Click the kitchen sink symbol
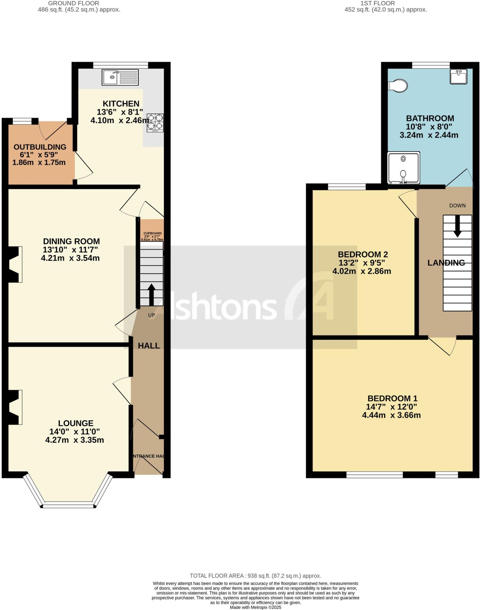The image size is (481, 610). click(x=120, y=77)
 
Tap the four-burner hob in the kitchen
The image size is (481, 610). click(x=155, y=123)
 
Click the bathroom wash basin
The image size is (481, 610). click(x=458, y=77)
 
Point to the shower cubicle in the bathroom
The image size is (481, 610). click(x=403, y=168)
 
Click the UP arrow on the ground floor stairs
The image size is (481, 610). click(x=151, y=294)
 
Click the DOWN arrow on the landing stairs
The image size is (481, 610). click(x=457, y=226)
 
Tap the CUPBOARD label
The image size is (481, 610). click(x=152, y=233)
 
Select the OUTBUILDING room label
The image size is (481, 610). click(x=40, y=147)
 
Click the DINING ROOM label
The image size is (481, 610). click(x=71, y=241)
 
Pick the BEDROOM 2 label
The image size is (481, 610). click(x=363, y=254)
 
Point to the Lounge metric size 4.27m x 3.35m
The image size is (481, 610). click(x=75, y=440)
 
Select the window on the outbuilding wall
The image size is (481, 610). click(x=22, y=121)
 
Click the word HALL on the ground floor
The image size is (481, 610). click(x=149, y=346)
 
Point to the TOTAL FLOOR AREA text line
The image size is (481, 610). click(x=255, y=576)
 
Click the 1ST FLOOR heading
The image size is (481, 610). click(x=378, y=3)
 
